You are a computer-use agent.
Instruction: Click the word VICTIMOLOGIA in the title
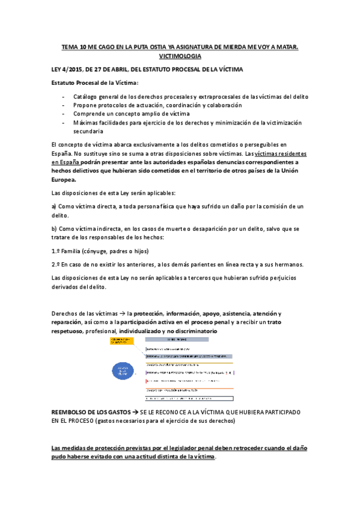(180, 55)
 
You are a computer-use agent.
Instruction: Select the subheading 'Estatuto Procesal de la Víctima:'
(95, 83)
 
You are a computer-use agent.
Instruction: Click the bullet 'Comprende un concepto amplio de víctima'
(131, 114)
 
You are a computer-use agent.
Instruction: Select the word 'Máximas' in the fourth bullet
(87, 122)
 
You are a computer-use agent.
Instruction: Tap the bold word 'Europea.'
(64, 179)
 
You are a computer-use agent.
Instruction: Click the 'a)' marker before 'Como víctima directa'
(55, 206)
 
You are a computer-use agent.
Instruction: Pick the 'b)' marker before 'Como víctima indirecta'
(55, 229)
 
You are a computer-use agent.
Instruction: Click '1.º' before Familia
(56, 251)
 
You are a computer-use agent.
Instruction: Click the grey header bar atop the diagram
(196, 340)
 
